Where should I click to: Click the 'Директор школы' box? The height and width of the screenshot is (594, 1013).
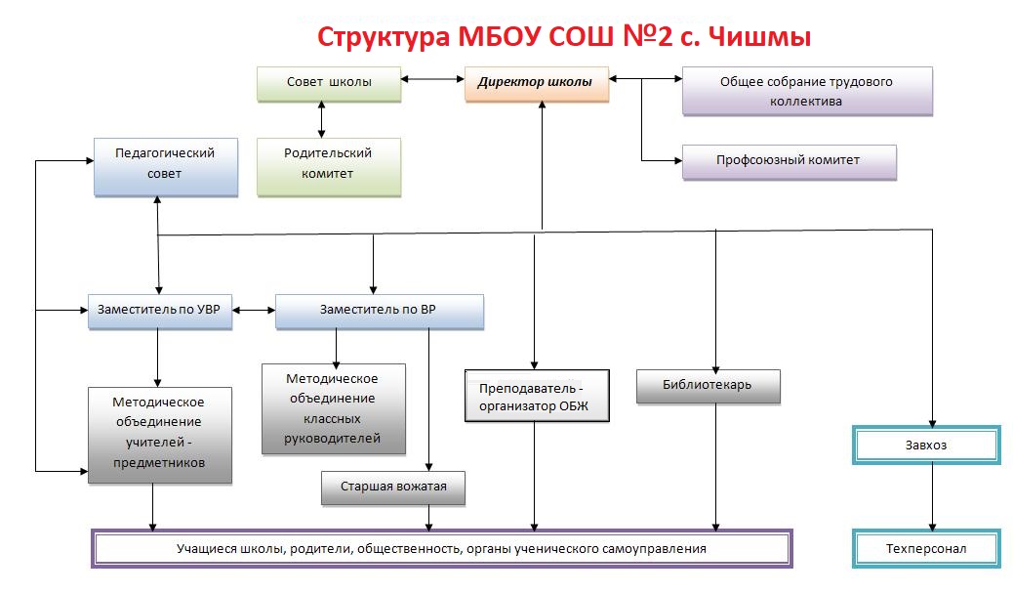tap(536, 83)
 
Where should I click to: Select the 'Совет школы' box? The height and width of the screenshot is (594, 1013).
tap(329, 83)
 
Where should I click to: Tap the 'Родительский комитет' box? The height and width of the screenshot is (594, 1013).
tap(329, 164)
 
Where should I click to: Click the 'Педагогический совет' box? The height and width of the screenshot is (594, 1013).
tap(165, 164)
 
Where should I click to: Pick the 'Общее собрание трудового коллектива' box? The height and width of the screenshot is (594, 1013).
tap(806, 91)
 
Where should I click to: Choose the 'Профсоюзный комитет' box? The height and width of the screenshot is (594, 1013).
tap(789, 160)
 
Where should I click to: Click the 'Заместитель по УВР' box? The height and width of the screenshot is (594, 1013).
tap(159, 311)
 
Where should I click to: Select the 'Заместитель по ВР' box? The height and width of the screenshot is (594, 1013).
tap(379, 311)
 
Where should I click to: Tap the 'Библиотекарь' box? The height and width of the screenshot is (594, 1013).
tap(708, 385)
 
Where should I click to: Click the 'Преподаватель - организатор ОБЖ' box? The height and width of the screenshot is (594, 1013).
tap(537, 396)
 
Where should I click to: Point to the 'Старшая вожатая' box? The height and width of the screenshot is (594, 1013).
tap(393, 487)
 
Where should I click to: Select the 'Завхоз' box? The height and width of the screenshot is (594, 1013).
tap(926, 445)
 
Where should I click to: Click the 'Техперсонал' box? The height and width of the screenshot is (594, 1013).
tap(926, 549)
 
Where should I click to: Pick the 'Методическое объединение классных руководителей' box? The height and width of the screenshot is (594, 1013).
tap(333, 408)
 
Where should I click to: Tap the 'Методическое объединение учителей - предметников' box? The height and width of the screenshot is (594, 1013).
tap(159, 434)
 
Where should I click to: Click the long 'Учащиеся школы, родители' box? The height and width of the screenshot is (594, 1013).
tap(441, 548)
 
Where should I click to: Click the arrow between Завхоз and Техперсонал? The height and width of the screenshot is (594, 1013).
tap(934, 496)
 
